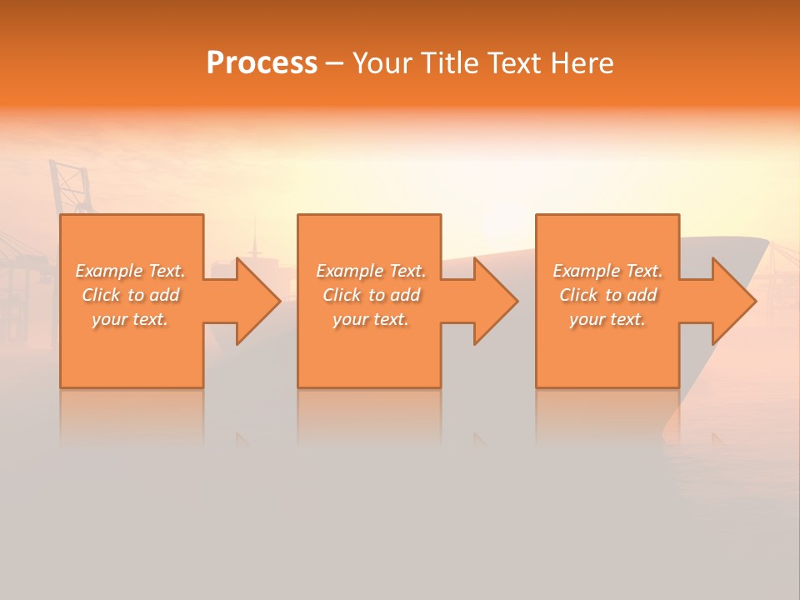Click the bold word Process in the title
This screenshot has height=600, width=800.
pos(262,62)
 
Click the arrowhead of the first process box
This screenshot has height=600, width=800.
pos(258,301)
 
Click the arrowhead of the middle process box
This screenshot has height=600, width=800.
pos(496,301)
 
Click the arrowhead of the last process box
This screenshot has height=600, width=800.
pos(733,301)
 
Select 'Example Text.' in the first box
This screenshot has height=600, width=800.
pos(130,271)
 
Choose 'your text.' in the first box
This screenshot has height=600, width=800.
pos(130,319)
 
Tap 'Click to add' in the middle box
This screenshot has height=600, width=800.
pos(370,295)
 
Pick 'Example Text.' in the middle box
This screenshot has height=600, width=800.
pos(370,271)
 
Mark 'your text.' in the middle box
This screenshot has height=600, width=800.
pos(370,319)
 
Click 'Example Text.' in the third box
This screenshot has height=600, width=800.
pos(607,271)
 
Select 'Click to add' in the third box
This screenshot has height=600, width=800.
pos(607,295)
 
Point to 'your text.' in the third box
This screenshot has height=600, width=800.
pos(607,319)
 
